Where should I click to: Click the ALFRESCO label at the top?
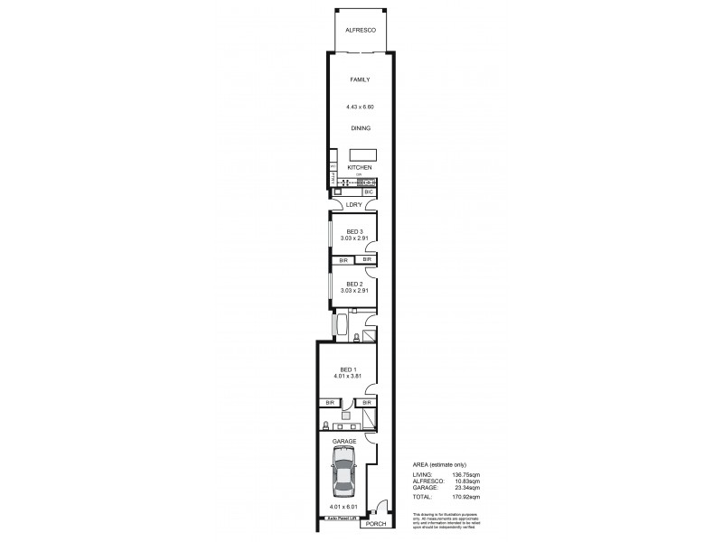[361, 30]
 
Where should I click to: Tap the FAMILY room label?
[361, 79]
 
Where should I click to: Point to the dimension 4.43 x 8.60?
[360, 107]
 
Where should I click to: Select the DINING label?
[361, 127]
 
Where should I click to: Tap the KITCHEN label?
[360, 168]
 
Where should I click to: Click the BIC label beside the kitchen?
[368, 192]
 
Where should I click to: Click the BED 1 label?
[347, 369]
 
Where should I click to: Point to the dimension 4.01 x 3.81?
[347, 378]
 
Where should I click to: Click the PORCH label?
[375, 523]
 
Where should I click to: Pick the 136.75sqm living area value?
[468, 473]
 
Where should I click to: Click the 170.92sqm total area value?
[468, 497]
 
